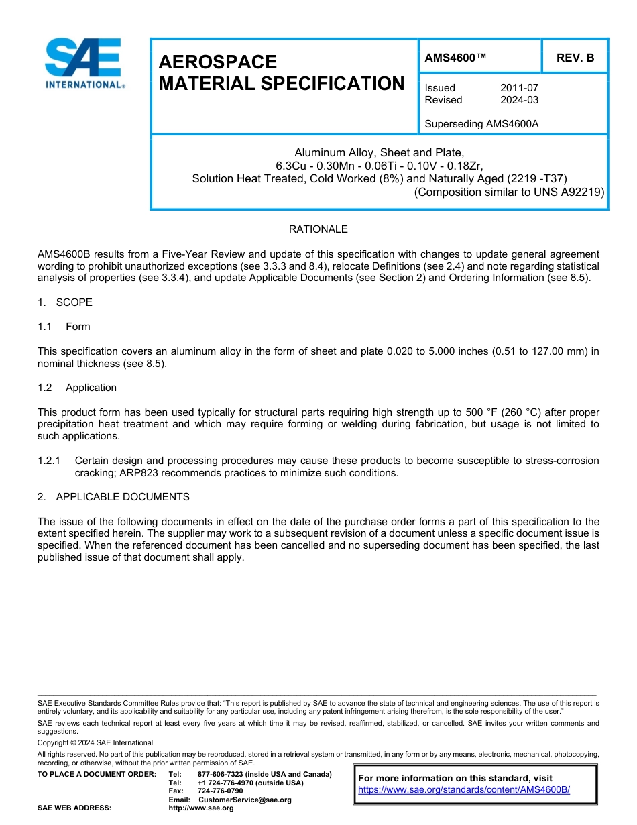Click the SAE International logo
83,63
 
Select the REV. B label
575,58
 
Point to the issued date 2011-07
519,88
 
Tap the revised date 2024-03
519,100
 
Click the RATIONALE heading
318,229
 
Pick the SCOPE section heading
74,302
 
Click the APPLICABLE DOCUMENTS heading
122,497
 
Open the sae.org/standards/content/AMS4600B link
463,789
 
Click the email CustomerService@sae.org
245,800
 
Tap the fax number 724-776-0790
220,791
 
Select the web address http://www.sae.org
201,808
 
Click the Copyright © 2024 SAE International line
95,742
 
